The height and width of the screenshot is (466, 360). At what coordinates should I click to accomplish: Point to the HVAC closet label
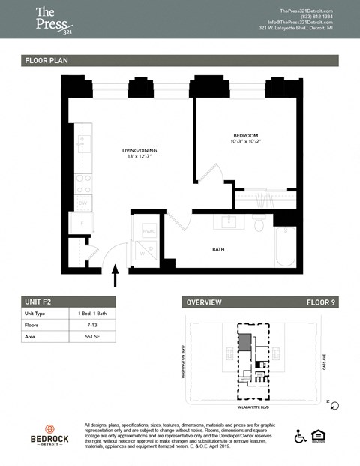point(148,231)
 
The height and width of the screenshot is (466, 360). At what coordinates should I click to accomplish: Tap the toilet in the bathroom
point(259,224)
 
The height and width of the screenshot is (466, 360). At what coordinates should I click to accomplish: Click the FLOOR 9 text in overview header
point(322,302)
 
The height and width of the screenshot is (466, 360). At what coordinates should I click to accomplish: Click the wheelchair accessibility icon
point(300,436)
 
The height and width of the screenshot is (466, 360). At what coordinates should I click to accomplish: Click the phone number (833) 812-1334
point(298,16)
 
